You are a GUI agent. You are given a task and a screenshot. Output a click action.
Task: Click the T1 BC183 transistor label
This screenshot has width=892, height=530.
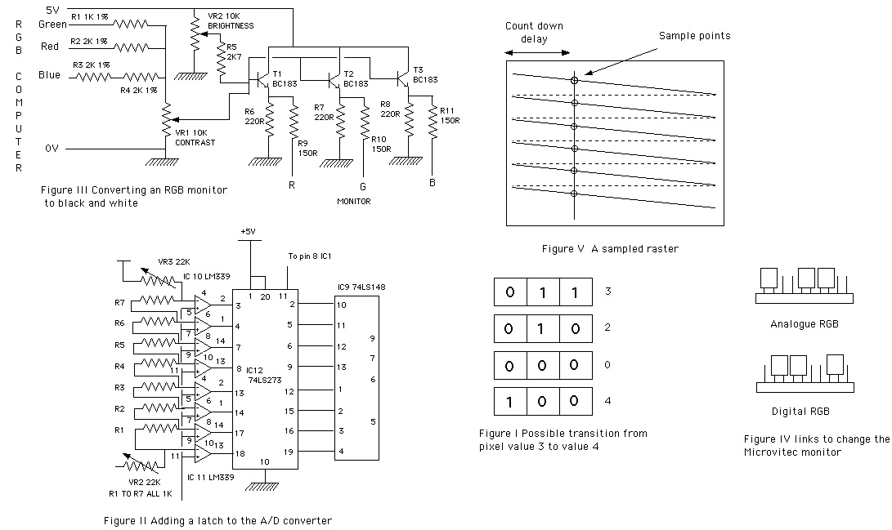[x=285, y=79]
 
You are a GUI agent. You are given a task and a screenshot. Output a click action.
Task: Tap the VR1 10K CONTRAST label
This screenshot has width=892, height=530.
[x=195, y=137]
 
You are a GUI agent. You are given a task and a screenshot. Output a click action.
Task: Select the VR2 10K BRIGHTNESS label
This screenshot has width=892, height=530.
[x=231, y=21]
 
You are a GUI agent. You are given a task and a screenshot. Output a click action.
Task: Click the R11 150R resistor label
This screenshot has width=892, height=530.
[x=450, y=115]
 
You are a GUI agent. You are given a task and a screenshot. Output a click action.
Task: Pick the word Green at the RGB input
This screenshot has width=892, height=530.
[x=52, y=24]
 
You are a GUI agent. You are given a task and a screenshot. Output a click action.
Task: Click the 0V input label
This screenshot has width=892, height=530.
[x=52, y=149]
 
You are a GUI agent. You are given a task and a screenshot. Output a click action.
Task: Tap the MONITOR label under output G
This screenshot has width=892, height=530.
[x=354, y=201]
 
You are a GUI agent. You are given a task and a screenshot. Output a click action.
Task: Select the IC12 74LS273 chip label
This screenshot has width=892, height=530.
[x=264, y=375]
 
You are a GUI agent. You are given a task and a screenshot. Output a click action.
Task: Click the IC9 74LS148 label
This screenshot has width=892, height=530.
[x=361, y=287]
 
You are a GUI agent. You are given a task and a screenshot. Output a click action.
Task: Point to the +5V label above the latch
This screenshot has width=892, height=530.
[x=248, y=231]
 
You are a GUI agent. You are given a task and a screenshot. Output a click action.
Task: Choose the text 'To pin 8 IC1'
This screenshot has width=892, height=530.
[x=310, y=256]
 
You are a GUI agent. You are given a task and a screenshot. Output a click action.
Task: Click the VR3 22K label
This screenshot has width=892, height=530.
[x=174, y=262]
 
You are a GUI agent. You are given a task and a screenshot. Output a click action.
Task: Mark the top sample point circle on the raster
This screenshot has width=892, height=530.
[x=575, y=81]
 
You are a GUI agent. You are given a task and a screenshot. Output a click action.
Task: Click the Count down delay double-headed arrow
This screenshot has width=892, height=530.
[x=537, y=53]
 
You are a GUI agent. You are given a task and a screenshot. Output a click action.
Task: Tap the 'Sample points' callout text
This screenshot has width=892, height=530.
[x=695, y=36]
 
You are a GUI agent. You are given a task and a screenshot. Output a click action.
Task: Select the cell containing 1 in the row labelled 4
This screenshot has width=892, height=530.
[x=509, y=402]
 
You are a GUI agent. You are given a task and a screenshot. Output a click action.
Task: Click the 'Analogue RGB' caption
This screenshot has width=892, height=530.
[x=805, y=323]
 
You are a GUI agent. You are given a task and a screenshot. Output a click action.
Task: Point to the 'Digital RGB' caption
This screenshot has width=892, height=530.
[x=800, y=412]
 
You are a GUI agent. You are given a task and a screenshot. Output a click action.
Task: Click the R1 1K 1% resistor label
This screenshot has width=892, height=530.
[x=89, y=17]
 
